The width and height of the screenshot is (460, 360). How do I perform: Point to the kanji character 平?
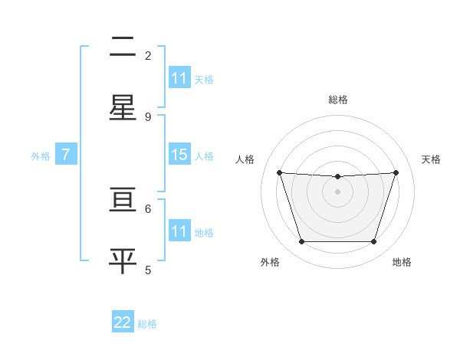123,260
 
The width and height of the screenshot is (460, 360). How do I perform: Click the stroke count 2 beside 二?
148,55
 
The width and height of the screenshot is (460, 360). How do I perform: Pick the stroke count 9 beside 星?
148,116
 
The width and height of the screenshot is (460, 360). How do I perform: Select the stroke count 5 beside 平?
148,270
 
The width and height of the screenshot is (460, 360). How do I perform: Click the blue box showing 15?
179,155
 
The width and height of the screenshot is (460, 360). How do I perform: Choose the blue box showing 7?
66,155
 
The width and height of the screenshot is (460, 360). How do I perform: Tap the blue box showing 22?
123,322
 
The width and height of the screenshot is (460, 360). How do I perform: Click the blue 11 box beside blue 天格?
179,78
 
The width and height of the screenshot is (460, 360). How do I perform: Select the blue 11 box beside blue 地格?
179,231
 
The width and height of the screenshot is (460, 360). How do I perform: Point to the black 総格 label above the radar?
338,100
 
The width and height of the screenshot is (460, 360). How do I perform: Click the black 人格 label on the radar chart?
245,159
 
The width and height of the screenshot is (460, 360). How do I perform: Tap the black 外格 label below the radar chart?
270,262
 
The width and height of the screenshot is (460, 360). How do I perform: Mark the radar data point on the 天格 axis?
396,172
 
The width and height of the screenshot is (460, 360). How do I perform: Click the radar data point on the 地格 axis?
373,242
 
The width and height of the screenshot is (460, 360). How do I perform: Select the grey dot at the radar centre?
338,191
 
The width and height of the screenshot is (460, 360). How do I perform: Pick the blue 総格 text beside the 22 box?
148,323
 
